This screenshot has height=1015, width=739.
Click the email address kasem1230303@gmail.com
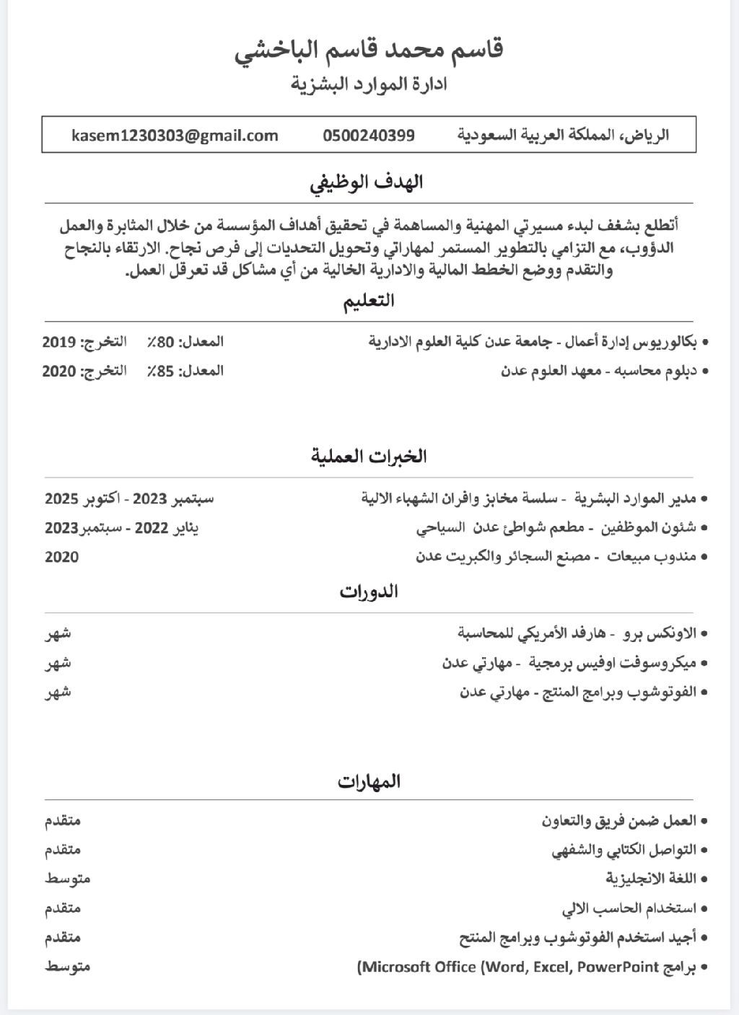click(x=175, y=136)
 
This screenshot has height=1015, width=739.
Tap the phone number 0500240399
click(x=369, y=136)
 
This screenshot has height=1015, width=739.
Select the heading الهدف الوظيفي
click(x=368, y=183)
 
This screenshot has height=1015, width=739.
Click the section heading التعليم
click(x=368, y=301)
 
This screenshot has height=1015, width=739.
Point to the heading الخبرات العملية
click(x=369, y=456)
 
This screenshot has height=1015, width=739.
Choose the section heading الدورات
click(x=369, y=592)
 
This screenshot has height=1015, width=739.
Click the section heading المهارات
click(x=369, y=781)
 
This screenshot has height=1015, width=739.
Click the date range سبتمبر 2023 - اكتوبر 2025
click(x=130, y=498)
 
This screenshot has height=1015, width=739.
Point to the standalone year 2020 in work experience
click(x=62, y=557)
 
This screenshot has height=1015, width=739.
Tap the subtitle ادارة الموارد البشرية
click(x=369, y=84)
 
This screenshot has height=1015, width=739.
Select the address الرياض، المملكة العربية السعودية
click(x=564, y=136)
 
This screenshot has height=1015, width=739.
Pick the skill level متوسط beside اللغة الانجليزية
click(x=68, y=879)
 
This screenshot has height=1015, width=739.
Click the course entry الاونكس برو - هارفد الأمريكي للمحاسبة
click(x=577, y=633)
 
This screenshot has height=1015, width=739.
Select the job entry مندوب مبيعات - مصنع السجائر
click(x=556, y=556)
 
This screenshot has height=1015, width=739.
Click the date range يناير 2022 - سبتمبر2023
click(x=122, y=527)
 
